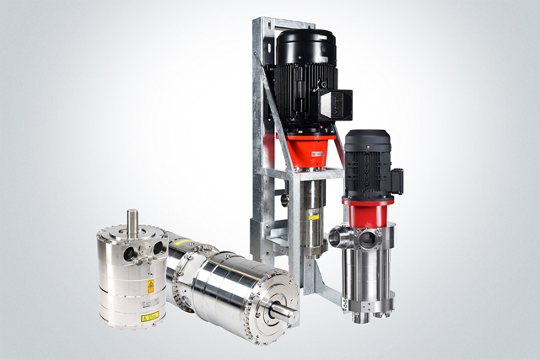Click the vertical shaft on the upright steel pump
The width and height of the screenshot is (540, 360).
[132, 221]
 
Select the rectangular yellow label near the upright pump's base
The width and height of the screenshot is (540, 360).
[149, 317]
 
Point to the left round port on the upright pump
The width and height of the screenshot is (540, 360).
[127, 251]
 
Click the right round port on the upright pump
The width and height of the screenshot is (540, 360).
[158, 249]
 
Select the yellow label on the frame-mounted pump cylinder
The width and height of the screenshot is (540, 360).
[313, 218]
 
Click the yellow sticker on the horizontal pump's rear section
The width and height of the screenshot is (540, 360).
[180, 243]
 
